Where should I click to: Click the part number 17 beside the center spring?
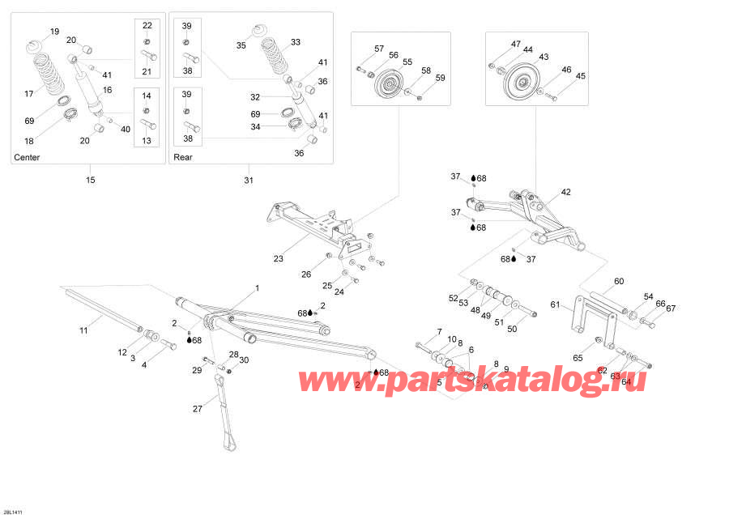[30, 94]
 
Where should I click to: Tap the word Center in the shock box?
[27, 157]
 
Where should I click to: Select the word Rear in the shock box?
[183, 157]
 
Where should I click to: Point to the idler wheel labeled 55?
[390, 83]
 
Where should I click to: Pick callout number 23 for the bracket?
[278, 260]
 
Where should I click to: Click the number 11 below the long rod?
[83, 330]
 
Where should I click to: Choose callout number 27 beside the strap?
[197, 409]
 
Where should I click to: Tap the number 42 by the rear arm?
[565, 193]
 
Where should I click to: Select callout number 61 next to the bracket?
[555, 305]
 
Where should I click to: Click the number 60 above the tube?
[619, 282]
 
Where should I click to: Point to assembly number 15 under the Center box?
[90, 179]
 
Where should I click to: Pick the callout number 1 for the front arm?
[258, 287]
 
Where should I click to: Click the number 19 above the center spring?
[54, 32]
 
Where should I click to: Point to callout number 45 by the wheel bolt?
[580, 76]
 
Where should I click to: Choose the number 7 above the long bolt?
[440, 332]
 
